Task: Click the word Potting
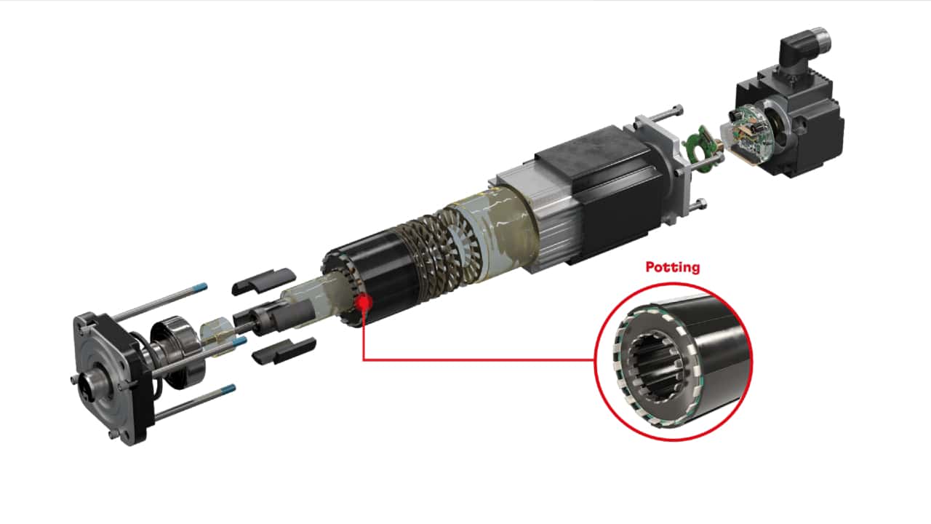point(673,267)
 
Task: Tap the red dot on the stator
point(363,301)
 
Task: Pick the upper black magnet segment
point(263,281)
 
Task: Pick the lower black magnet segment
point(284,350)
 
